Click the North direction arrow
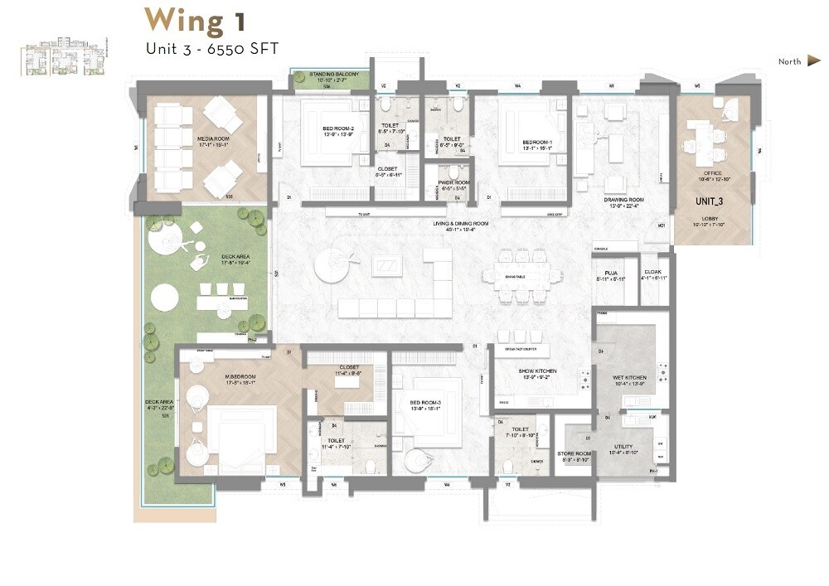[813, 61]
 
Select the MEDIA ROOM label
[190, 138]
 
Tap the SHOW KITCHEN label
[537, 370]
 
